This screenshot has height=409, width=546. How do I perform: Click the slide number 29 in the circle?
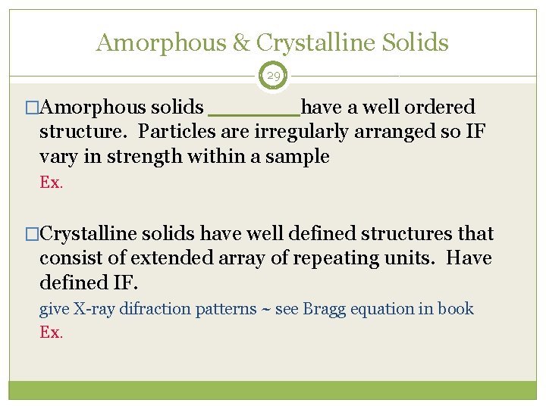point(273,76)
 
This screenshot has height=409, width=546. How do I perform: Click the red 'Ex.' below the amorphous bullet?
point(51,183)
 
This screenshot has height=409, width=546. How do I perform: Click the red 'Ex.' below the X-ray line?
point(51,332)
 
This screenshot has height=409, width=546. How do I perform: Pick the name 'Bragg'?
point(321,309)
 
